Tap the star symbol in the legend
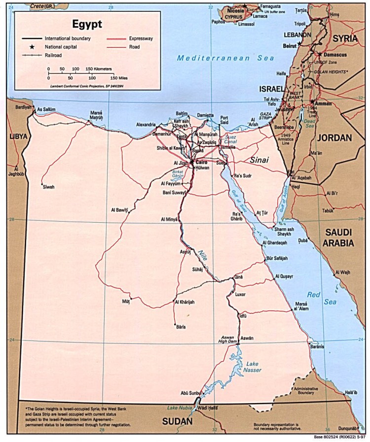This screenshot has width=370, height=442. point(32,47)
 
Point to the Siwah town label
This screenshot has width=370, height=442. point(48,187)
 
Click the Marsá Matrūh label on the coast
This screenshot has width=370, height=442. point(97,116)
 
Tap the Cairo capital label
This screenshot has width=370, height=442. point(201,162)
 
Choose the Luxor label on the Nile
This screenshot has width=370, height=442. point(240,294)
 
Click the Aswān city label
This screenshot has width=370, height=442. point(247,338)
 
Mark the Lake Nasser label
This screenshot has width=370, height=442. point(252,367)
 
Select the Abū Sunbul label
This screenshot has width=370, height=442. point(191,393)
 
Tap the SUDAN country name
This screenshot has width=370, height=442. point(179,422)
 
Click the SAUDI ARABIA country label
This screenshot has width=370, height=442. point(338,237)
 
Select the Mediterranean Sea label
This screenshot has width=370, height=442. point(225,58)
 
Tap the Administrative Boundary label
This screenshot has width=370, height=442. point(307,390)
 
